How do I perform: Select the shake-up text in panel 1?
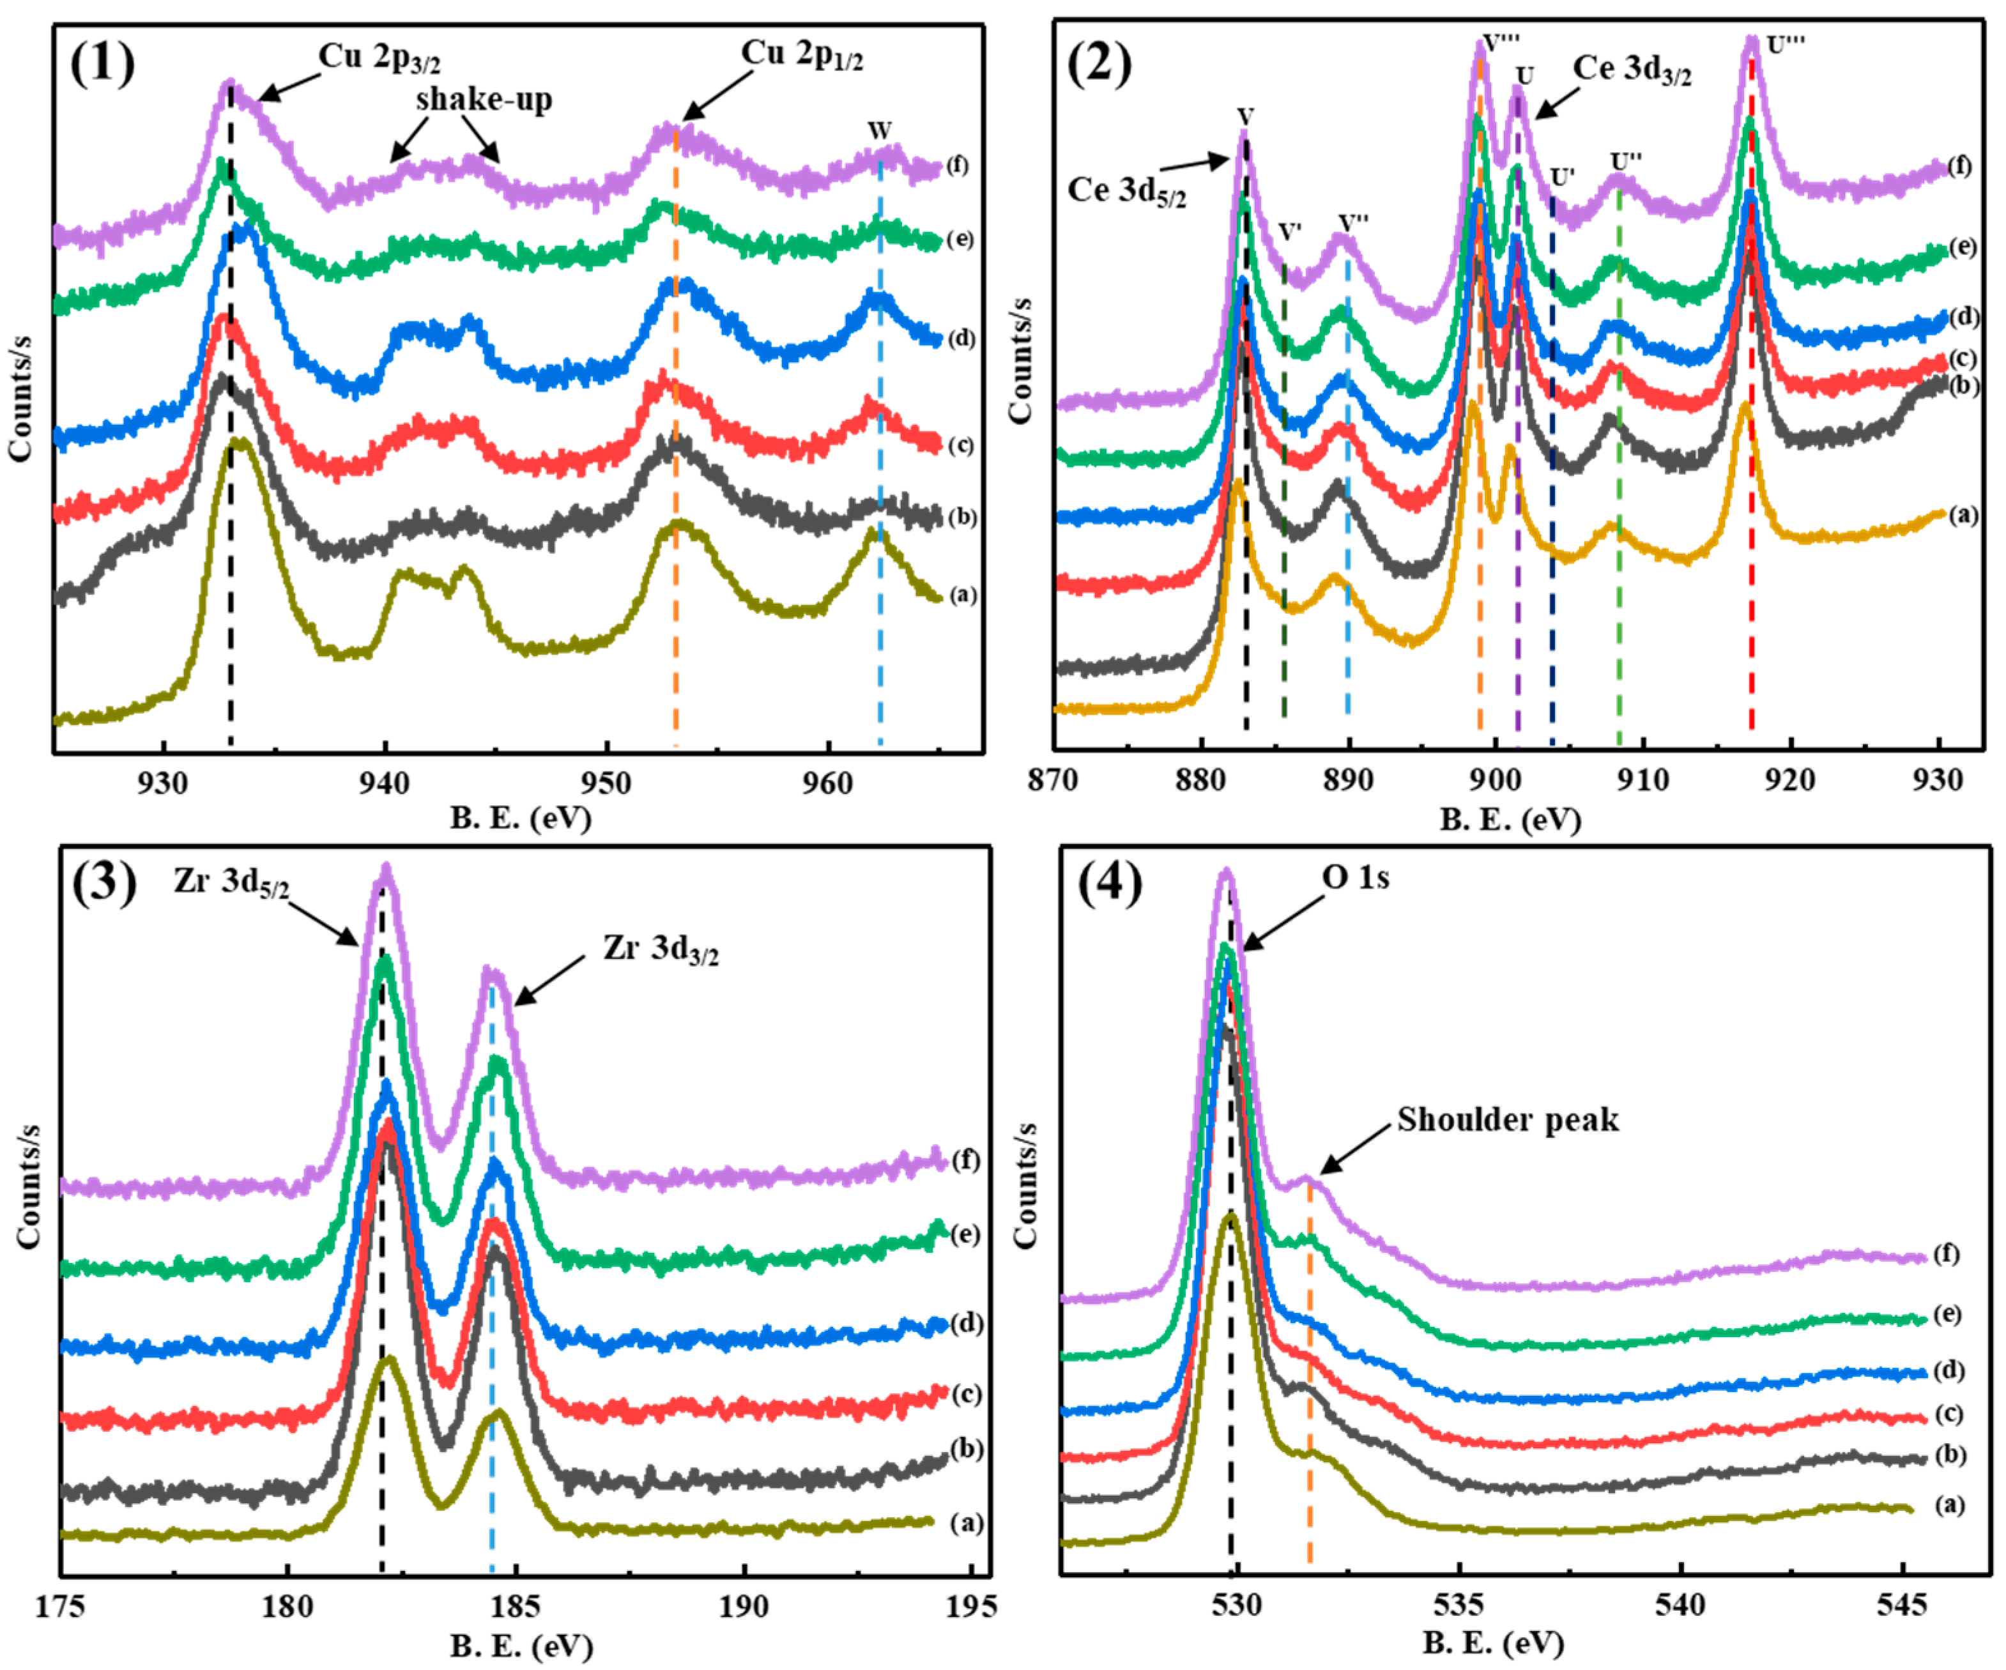point(484,100)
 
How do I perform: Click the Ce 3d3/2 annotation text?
point(1632,70)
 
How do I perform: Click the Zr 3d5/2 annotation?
point(230,881)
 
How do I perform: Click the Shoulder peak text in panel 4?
point(1507,1120)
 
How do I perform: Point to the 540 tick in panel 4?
point(1680,1604)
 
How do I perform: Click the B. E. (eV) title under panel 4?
point(1493,1643)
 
